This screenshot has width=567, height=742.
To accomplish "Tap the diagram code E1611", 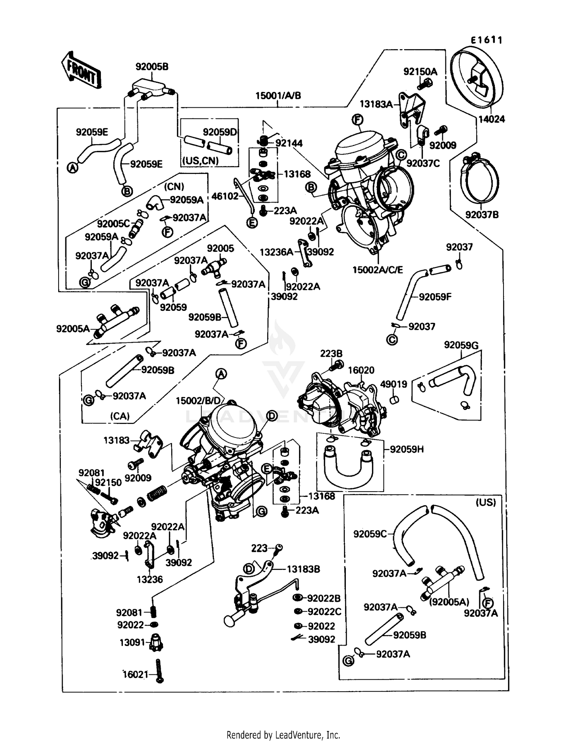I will pyautogui.click(x=486, y=40).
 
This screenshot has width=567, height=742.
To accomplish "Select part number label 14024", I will pyautogui.click(x=491, y=120).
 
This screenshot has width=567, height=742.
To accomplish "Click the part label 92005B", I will pyautogui.click(x=152, y=67).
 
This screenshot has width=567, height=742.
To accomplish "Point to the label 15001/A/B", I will pyautogui.click(x=278, y=96).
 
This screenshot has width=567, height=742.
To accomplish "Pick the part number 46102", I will pyautogui.click(x=225, y=196).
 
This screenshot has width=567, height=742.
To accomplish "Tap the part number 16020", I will pyautogui.click(x=361, y=370).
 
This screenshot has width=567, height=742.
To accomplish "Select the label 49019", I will pyautogui.click(x=393, y=384).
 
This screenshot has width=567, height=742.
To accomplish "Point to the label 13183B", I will pyautogui.click(x=303, y=569).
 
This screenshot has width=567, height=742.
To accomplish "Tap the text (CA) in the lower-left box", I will pyautogui.click(x=120, y=416).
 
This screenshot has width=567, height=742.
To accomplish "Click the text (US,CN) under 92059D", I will pyautogui.click(x=201, y=161).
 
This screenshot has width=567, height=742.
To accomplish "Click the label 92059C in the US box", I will pyautogui.click(x=370, y=534).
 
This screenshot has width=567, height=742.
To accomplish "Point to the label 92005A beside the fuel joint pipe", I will pyautogui.click(x=73, y=329).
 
